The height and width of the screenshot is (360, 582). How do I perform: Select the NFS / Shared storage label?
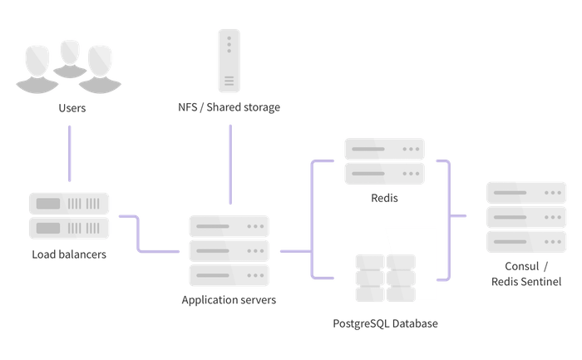tap(229, 107)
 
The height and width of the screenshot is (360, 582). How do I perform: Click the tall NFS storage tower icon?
tap(229, 60)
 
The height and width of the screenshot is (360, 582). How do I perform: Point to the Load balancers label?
tap(69, 254)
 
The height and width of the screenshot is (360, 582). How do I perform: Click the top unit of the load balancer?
tap(69, 204)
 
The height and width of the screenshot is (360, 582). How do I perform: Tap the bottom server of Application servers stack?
tap(229, 274)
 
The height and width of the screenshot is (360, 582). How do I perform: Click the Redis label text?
tap(384, 200)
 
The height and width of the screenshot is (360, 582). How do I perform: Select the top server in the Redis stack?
tap(384, 150)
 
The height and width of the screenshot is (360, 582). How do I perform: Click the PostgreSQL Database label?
tap(383, 323)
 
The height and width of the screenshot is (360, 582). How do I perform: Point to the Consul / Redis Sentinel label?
tap(526, 274)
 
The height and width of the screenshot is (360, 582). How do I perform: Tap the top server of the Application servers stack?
tap(229, 226)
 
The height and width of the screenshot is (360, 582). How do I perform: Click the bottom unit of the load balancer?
tap(69, 228)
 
